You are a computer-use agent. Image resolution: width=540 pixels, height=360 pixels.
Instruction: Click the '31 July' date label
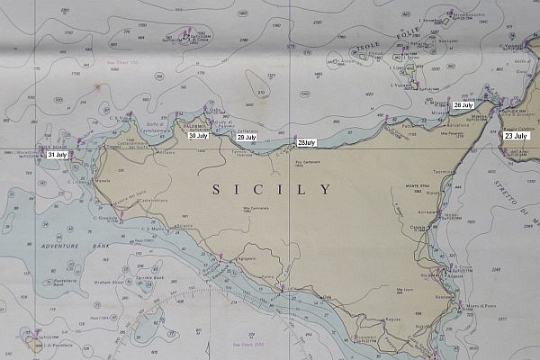58,155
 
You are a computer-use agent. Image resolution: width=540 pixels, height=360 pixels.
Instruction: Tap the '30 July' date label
198,136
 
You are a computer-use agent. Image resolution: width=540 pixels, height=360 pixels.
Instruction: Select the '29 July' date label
247,137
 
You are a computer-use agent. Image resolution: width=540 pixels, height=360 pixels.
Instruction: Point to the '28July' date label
307,142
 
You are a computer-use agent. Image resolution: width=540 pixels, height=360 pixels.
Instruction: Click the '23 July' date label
517,135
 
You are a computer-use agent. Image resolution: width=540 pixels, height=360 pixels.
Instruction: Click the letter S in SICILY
216,190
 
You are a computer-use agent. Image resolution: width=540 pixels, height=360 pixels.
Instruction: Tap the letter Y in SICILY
325,190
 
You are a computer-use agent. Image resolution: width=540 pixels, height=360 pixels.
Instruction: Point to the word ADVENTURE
56,245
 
